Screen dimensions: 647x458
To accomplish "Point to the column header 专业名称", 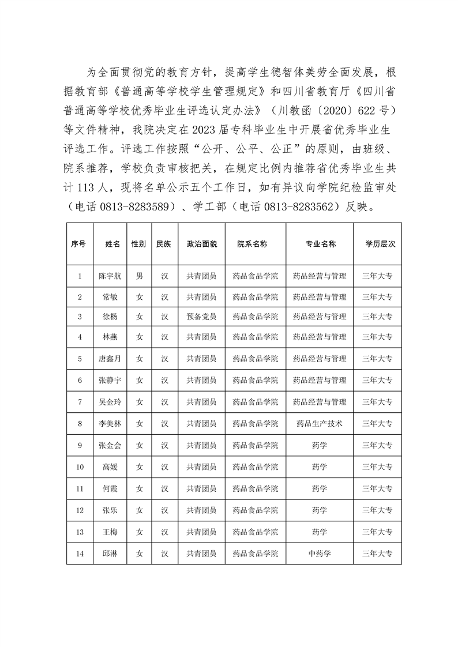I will click(x=320, y=244).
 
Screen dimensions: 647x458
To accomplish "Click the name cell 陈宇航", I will click(x=110, y=276).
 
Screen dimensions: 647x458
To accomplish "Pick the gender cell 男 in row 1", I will click(x=138, y=276).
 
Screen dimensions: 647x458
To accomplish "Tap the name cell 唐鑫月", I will click(x=110, y=359).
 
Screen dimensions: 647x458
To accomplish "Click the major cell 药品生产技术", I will click(x=320, y=423).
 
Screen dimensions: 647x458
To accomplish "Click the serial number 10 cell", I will click(x=80, y=467).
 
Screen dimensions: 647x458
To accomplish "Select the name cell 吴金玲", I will click(x=110, y=402).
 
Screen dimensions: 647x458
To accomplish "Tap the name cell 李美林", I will click(x=110, y=423).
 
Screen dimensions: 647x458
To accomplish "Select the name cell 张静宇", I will click(x=110, y=380).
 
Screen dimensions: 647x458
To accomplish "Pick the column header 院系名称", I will click(x=253, y=244).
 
